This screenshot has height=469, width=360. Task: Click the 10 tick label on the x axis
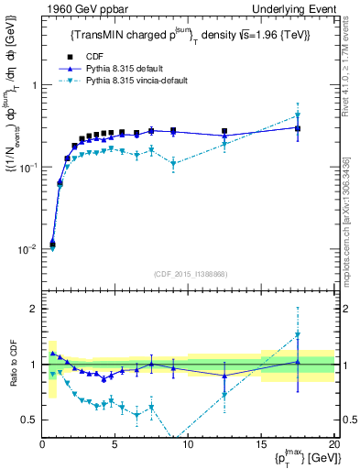pos(188,444)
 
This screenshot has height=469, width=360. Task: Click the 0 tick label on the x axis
pos(42,444)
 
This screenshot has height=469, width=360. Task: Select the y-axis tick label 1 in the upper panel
pos(34,85)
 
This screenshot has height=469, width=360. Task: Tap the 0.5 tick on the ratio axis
pos(29,420)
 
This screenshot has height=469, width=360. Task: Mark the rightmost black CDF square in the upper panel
pos(298,128)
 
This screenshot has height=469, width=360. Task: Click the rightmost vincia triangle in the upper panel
pos(298,115)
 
